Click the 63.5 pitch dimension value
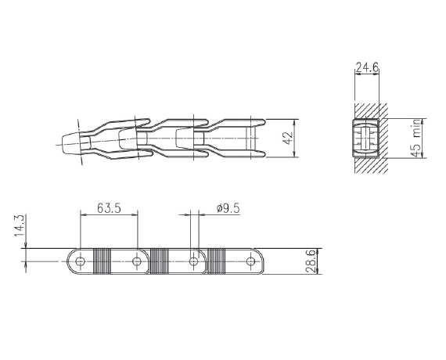point(109,208)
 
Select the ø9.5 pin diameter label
point(228,208)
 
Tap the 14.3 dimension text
point(20,225)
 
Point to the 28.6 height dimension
point(311,261)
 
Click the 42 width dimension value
point(289,138)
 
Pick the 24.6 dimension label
point(367,68)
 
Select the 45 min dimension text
point(416,139)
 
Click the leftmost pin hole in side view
point(81,261)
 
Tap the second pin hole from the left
point(137,261)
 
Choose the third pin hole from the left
point(194,261)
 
